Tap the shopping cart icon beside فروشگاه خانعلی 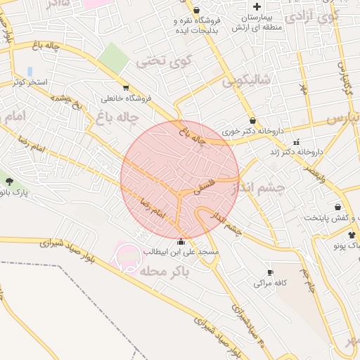tap(125, 88)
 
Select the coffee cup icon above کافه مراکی tap(269, 272)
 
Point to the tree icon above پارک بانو tap(9, 182)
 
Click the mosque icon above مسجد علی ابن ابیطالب tap(181, 242)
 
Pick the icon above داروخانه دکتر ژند tap(296, 141)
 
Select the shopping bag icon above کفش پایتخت tap(338, 207)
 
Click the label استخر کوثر tap(30, 82)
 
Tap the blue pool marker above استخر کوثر tap(30, 71)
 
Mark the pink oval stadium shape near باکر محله tap(128, 253)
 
